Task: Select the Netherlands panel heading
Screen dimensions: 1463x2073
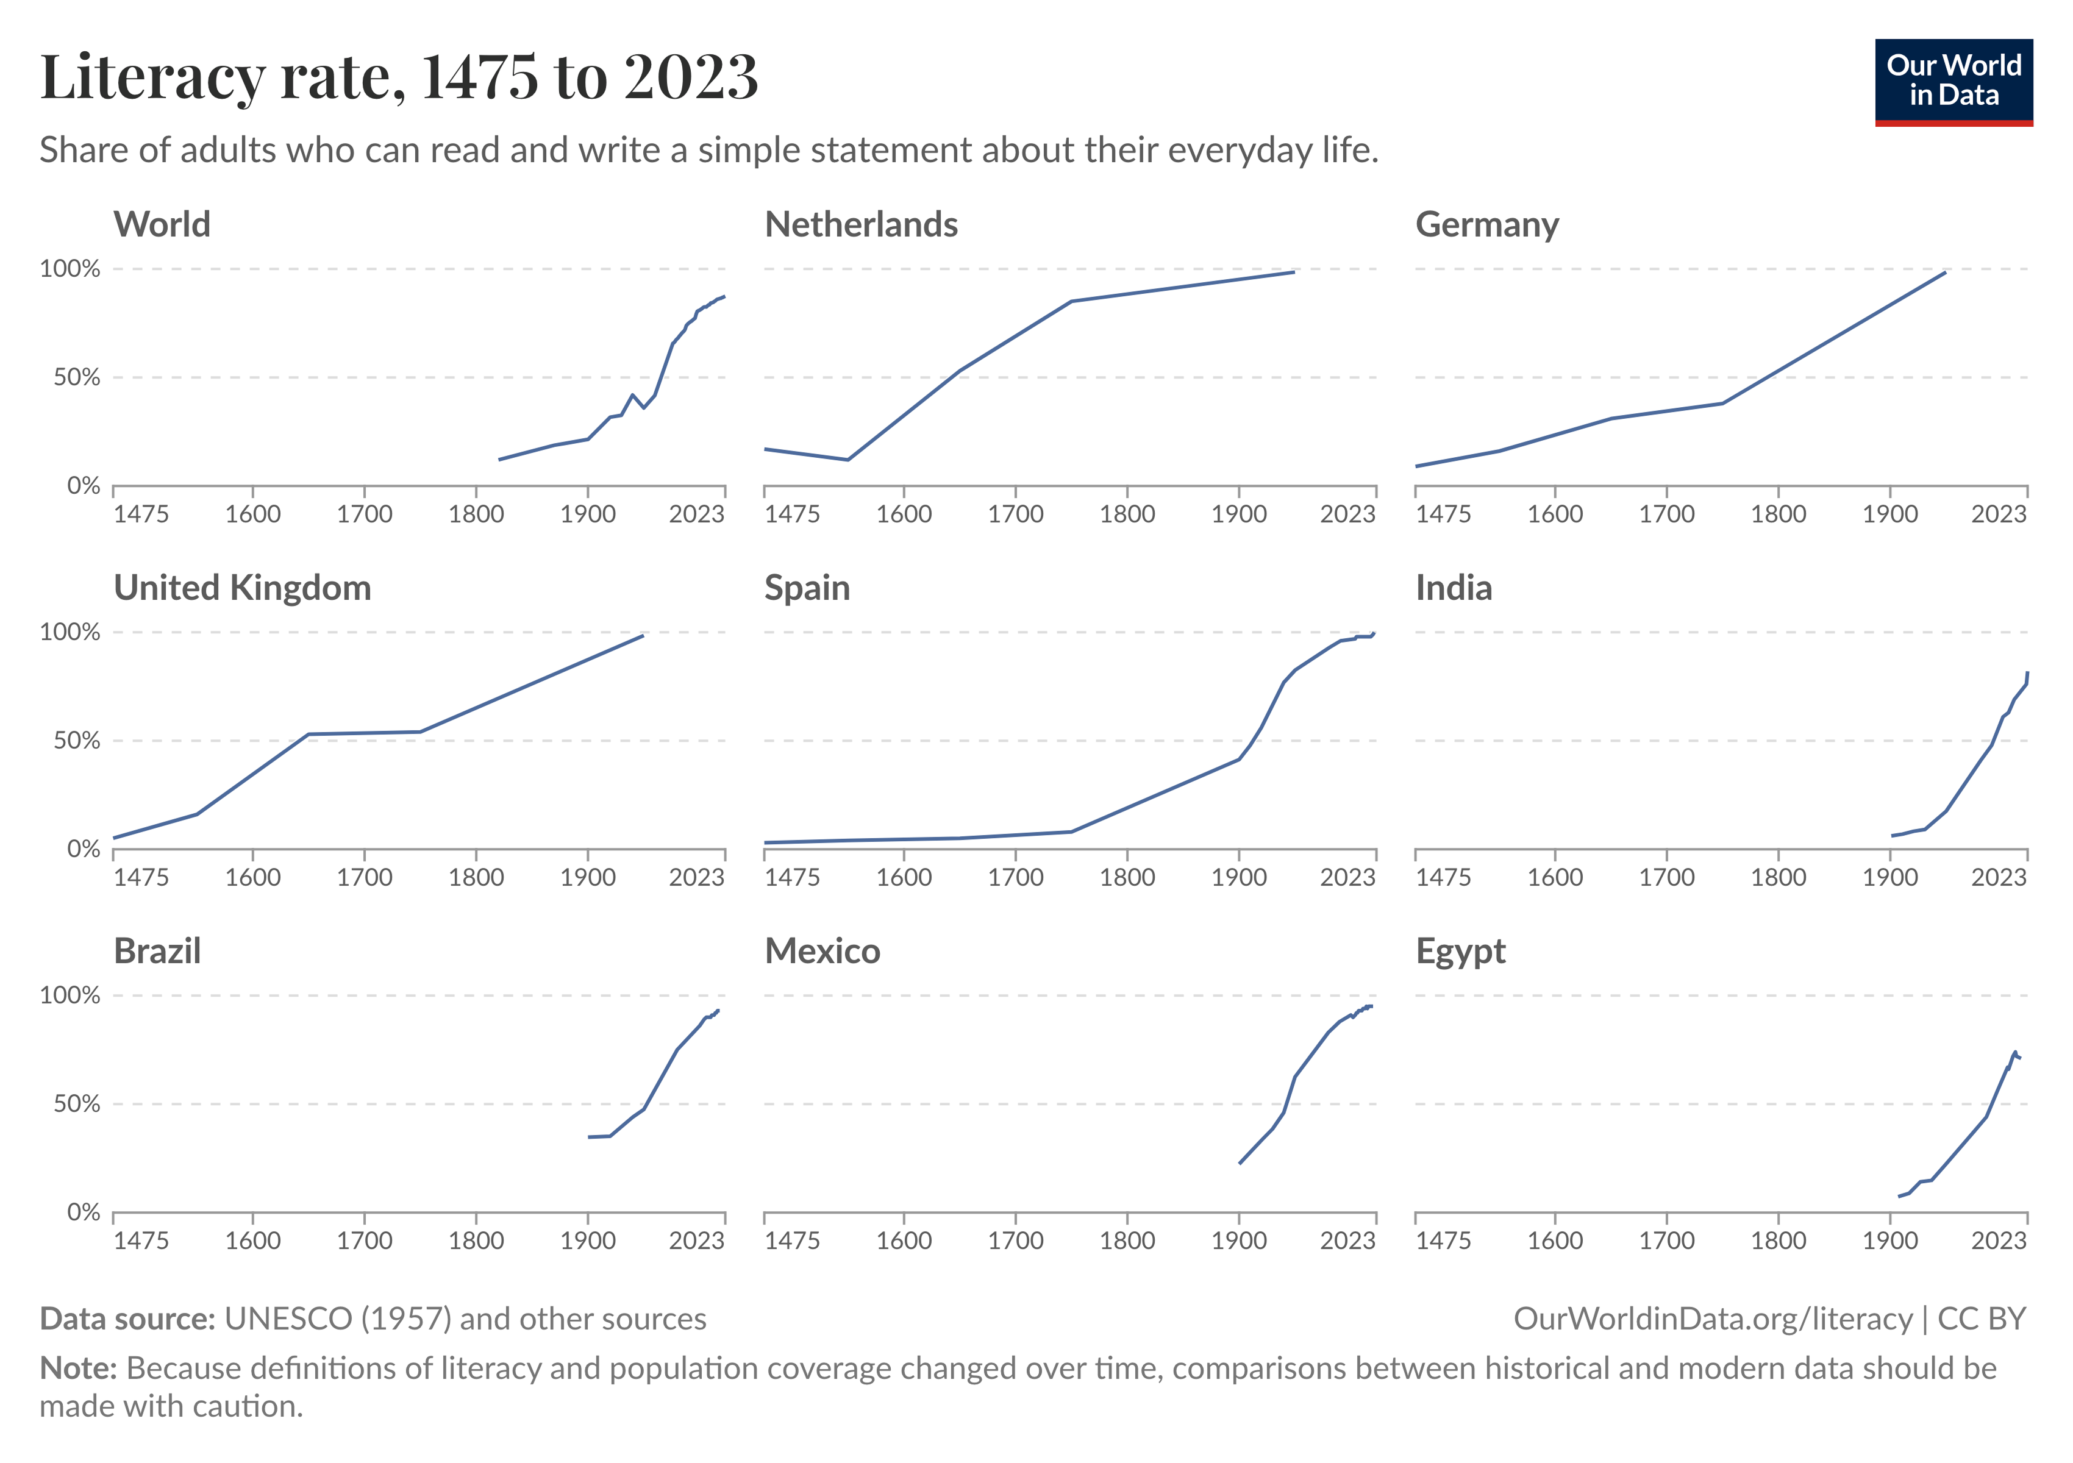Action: [860, 224]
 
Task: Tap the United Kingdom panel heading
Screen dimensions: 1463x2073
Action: [242, 588]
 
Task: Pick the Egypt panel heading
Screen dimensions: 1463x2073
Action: [1460, 952]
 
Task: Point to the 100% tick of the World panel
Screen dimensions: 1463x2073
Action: [70, 269]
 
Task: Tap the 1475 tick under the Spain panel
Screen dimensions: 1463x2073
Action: [792, 877]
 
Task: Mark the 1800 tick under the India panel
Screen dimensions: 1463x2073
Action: [1778, 877]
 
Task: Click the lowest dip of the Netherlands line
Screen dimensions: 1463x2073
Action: [847, 460]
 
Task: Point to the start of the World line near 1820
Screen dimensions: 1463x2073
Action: [499, 460]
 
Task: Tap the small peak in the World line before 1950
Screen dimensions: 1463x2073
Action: [632, 394]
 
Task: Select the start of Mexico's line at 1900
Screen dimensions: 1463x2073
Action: [1240, 1163]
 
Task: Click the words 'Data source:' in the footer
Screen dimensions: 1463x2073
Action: [126, 1320]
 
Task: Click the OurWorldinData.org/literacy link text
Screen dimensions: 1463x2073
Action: [1713, 1320]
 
